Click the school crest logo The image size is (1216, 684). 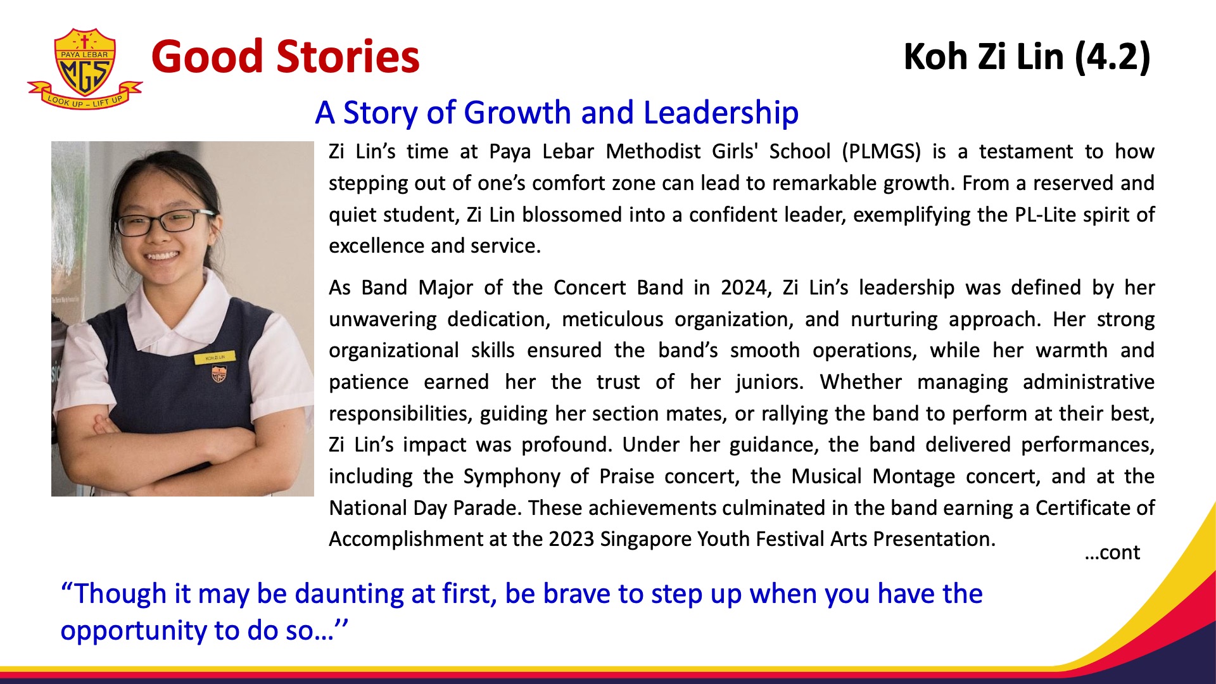coord(85,68)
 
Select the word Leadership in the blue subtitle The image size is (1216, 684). coord(721,113)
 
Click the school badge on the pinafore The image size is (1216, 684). coord(218,374)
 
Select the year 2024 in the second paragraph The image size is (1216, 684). coord(745,288)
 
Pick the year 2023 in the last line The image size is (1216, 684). coord(573,539)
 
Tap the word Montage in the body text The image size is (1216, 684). coord(913,476)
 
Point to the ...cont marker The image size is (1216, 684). coord(1112,553)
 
